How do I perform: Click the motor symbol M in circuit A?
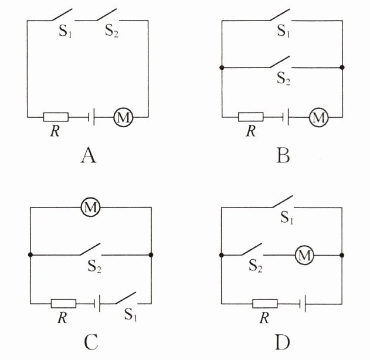tap(123, 117)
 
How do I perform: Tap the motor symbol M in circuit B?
tap(318, 117)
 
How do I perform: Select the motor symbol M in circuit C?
tap(91, 207)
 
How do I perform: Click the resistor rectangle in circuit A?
tap(56, 117)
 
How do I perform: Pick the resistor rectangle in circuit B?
tap(250, 117)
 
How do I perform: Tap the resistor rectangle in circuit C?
tap(63, 303)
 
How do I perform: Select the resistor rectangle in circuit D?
tap(264, 303)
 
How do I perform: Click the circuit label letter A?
tap(89, 155)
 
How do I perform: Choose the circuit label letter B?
tap(284, 155)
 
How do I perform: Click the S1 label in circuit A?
tap(66, 32)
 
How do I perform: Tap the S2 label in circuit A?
tap(112, 32)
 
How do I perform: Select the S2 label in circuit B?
tap(284, 79)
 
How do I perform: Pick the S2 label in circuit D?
tap(255, 266)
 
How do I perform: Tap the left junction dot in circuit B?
tap(221, 67)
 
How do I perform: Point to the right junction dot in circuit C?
tap(151, 255)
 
